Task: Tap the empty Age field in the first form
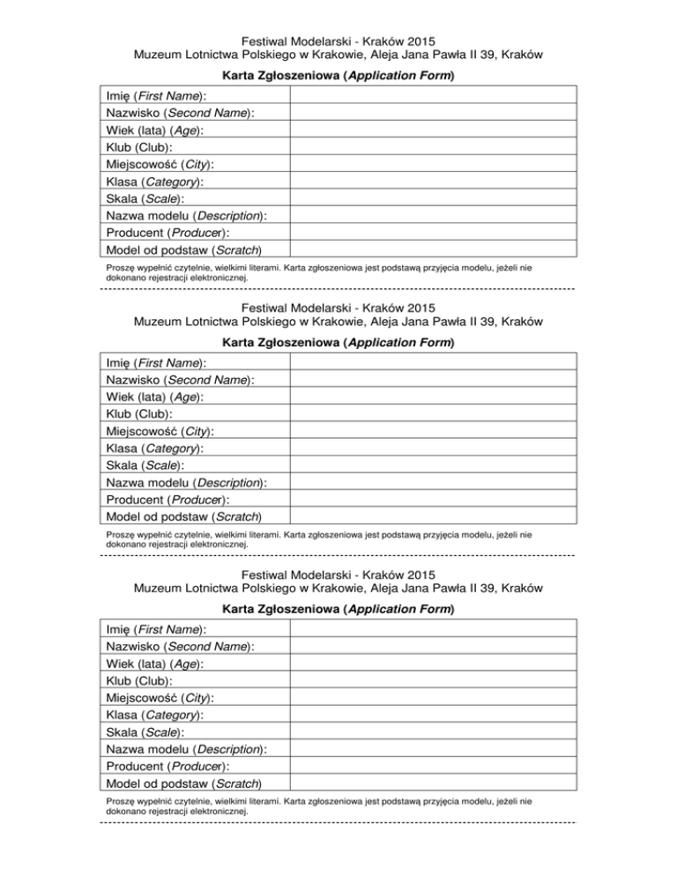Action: click(433, 130)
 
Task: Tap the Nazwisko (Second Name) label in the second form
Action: click(180, 380)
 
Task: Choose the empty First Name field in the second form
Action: click(433, 362)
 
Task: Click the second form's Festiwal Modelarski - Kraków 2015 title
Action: click(338, 308)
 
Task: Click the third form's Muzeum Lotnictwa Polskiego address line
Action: click(338, 588)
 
